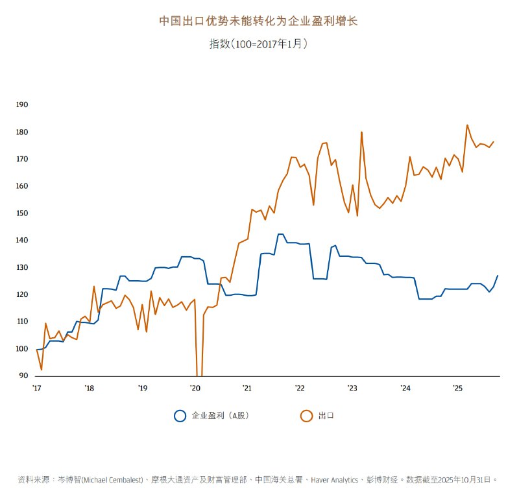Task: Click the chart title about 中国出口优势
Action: pos(259,21)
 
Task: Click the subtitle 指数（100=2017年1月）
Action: pos(258,44)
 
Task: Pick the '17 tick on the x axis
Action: pos(36,389)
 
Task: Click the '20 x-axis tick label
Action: pos(195,389)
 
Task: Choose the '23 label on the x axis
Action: pos(352,389)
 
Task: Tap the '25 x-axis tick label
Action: pos(457,389)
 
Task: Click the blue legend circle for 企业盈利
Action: pos(180,416)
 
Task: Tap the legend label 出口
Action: pos(326,416)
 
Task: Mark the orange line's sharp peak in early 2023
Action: pos(361,132)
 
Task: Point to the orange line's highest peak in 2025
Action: pos(467,125)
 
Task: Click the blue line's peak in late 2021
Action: pos(280,234)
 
